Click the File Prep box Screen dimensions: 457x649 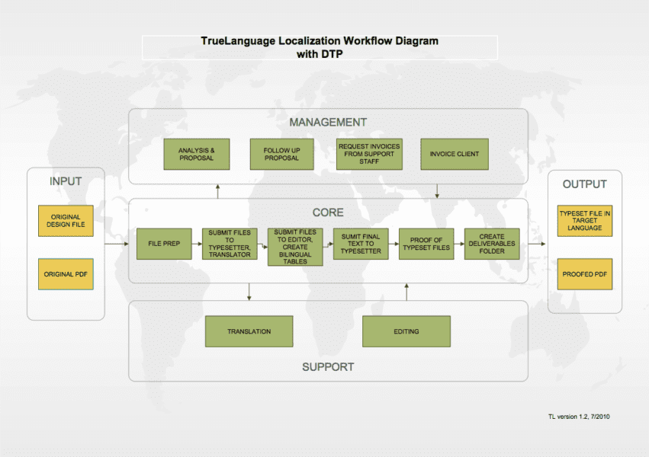pyautogui.click(x=164, y=244)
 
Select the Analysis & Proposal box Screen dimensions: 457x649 pyautogui.click(x=196, y=154)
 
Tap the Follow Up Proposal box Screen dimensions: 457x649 pyautogui.click(x=281, y=154)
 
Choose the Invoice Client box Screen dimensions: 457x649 pyautogui.click(x=455, y=154)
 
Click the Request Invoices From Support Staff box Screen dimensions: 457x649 pyautogui.click(x=369, y=154)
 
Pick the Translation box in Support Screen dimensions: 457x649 pyautogui.click(x=249, y=331)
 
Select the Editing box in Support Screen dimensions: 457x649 pyautogui.click(x=406, y=331)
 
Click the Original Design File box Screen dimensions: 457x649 pyautogui.click(x=66, y=221)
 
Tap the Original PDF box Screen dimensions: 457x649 pyautogui.click(x=66, y=274)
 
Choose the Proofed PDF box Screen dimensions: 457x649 pyautogui.click(x=585, y=274)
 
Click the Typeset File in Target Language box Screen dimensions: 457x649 pyautogui.click(x=585, y=221)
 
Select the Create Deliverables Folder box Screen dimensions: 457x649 pyautogui.click(x=492, y=244)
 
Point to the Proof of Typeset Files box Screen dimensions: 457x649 pyautogui.click(x=426, y=244)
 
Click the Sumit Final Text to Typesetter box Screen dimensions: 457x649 pyautogui.click(x=361, y=244)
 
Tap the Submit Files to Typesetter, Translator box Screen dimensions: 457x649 pyautogui.click(x=230, y=244)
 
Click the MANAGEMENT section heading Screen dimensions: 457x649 pyautogui.click(x=328, y=122)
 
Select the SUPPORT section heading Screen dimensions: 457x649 pyautogui.click(x=328, y=366)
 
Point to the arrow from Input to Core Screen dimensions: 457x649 pyautogui.click(x=116, y=244)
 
